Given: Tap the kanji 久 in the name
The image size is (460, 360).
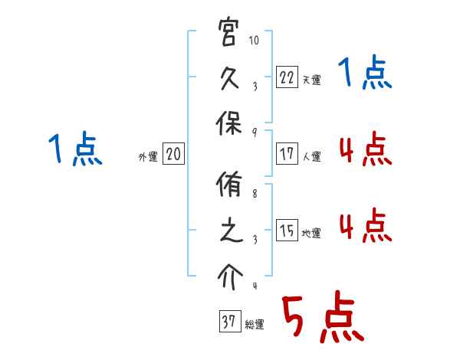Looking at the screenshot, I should [228, 77].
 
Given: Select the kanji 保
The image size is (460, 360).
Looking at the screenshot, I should [228, 122].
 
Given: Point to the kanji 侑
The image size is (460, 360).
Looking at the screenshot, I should [228, 186].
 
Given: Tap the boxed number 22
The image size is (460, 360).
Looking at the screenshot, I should [286, 77].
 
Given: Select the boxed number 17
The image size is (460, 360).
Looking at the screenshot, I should [286, 153].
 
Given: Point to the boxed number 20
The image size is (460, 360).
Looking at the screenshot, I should [173, 154].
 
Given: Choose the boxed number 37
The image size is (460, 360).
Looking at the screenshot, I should [228, 322].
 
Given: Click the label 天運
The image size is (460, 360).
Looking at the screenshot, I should [311, 80].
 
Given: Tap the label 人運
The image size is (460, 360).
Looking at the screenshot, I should [311, 156].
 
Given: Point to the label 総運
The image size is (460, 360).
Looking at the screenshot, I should [255, 325].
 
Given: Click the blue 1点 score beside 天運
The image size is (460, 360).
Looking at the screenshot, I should [366, 75].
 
